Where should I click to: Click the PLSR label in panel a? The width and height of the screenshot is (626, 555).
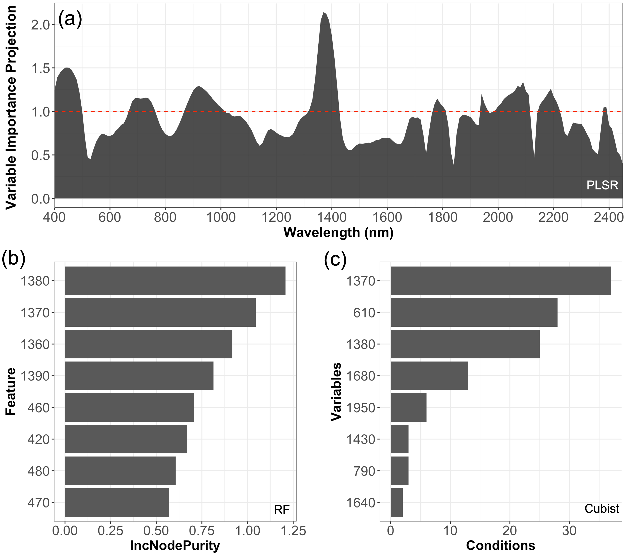602,185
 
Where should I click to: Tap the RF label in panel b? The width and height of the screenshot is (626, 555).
281,510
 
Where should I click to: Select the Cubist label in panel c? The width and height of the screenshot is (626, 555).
601,509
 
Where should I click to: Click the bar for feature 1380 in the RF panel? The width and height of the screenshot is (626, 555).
175,281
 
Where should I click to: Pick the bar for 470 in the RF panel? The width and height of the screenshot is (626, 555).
117,502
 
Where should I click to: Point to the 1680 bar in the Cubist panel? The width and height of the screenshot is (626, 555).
429,376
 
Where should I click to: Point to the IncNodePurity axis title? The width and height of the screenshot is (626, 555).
175,545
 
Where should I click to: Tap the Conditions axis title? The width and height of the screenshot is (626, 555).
500,545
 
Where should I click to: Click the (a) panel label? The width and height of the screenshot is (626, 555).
70,19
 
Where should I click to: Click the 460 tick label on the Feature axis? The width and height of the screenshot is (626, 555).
38,407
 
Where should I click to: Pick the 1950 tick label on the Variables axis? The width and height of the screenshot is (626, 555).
361,407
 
